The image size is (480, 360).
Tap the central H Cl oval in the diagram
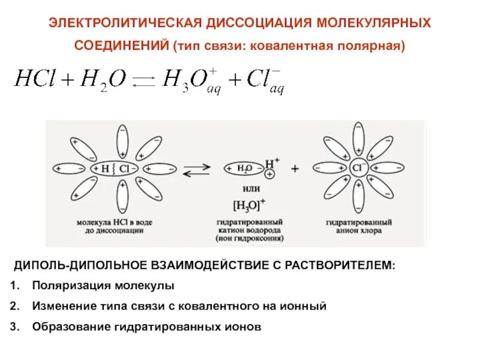(114, 169)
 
